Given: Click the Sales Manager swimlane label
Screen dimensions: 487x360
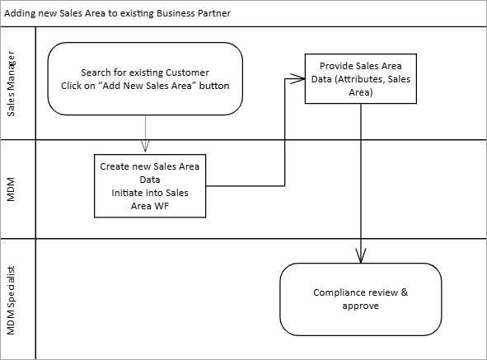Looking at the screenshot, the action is [11, 84].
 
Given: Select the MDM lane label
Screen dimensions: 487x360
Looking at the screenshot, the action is [11, 189].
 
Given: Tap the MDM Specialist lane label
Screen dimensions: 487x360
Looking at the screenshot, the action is [11, 301].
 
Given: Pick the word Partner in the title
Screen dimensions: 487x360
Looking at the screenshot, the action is [214, 13].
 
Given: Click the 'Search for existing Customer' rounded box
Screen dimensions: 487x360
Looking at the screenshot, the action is [145, 79].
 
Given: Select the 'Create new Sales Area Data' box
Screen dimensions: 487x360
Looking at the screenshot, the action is [150, 186].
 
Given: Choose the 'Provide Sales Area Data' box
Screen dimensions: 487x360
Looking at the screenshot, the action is [361, 79].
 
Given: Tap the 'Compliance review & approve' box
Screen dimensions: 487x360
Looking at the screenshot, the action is [361, 299].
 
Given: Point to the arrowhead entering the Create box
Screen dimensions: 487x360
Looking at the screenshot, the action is [145, 147].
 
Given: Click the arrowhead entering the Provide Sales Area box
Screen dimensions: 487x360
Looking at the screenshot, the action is [297, 78].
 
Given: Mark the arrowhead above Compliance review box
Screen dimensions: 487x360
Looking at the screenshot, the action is [361, 255].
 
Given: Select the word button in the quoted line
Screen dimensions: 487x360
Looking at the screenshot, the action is [214, 86].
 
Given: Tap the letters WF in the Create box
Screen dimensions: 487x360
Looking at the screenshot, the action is [163, 206].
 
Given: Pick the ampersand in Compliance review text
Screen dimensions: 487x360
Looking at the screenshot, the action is [405, 292].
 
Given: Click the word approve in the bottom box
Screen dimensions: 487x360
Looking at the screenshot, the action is [361, 306].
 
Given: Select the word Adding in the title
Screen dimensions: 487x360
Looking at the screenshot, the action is [20, 14].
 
